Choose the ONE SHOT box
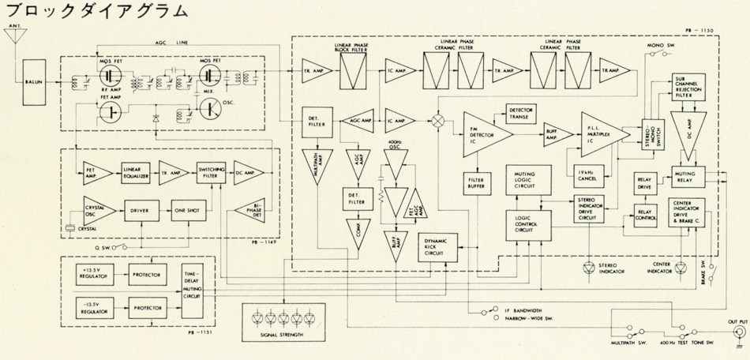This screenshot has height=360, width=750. [x=188, y=211]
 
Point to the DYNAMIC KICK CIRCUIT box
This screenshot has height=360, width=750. [x=439, y=246]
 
